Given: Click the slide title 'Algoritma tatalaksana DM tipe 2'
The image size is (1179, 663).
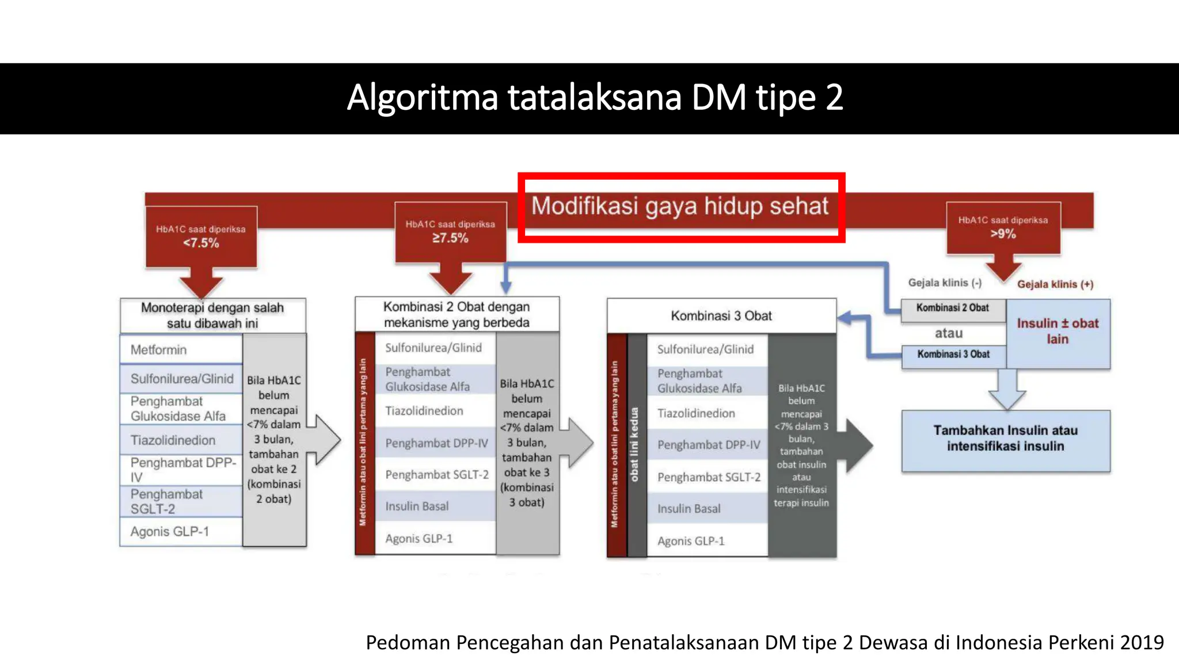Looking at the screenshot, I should pyautogui.click(x=595, y=98).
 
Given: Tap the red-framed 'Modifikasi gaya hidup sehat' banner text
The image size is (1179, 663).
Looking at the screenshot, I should pyautogui.click(x=680, y=206).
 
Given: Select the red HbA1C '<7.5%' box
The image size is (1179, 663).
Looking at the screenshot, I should pyautogui.click(x=201, y=237).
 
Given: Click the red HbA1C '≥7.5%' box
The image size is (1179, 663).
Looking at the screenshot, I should pyautogui.click(x=450, y=232).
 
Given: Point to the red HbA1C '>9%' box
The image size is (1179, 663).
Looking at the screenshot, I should pyautogui.click(x=1003, y=228).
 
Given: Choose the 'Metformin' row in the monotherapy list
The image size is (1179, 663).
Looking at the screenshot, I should pyautogui.click(x=181, y=349).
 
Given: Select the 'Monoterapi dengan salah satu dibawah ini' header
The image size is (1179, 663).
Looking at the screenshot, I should pyautogui.click(x=212, y=315).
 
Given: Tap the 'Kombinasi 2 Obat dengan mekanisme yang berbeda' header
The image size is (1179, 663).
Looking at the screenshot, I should pyautogui.click(x=457, y=314).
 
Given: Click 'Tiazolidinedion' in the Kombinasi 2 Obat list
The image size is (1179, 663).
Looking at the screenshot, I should pyautogui.click(x=424, y=411).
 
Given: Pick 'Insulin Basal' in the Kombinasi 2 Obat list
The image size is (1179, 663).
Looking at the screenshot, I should pyautogui.click(x=417, y=506).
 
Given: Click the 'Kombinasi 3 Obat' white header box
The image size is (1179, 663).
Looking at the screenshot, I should pyautogui.click(x=721, y=315).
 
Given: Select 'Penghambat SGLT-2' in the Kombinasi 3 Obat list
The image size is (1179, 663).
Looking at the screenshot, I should pyautogui.click(x=709, y=477).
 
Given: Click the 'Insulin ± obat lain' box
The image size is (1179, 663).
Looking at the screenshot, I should pyautogui.click(x=1058, y=331).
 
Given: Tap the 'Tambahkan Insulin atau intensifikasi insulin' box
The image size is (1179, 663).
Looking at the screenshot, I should pyautogui.click(x=1005, y=439).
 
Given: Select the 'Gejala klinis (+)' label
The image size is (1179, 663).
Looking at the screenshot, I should pyautogui.click(x=1055, y=284).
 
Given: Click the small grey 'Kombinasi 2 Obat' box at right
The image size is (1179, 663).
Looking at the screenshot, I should pyautogui.click(x=953, y=308).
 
